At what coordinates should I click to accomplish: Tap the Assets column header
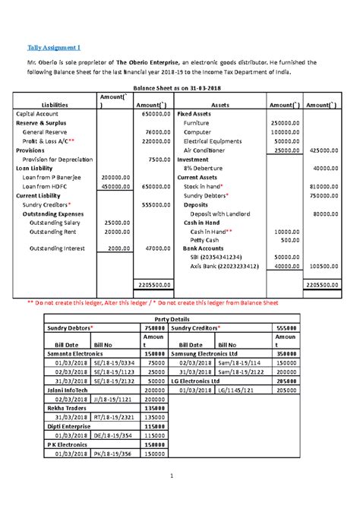[x=220, y=106]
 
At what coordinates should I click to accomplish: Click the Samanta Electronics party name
[x=77, y=355]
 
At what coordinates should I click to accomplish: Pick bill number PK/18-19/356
[x=112, y=454]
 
